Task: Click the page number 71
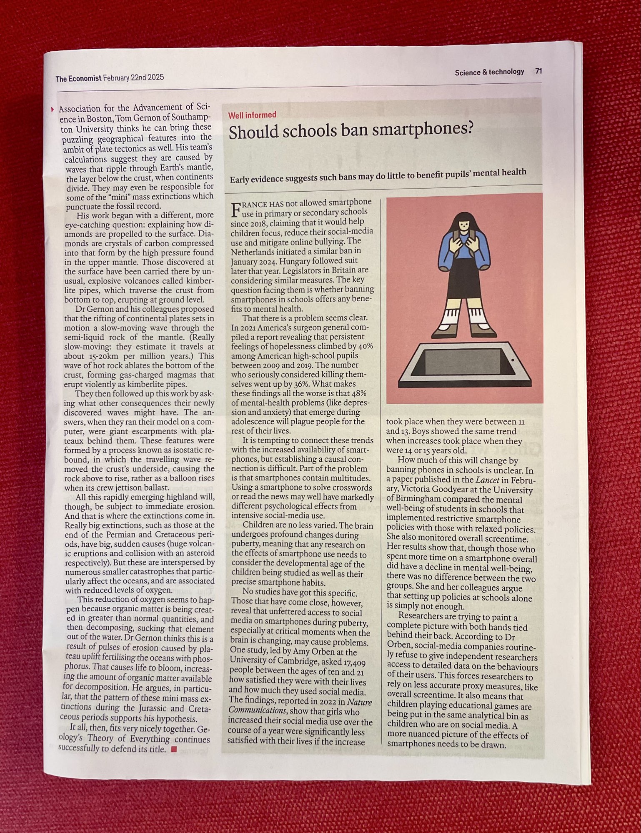pos(538,71)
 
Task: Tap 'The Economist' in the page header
pos(78,78)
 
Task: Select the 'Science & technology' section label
pos(489,72)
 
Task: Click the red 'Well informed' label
pos(252,115)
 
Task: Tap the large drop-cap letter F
pos(235,209)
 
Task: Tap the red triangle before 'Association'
pos(53,110)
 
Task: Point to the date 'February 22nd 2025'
pos(133,78)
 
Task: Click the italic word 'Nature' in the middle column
pos(359,702)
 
